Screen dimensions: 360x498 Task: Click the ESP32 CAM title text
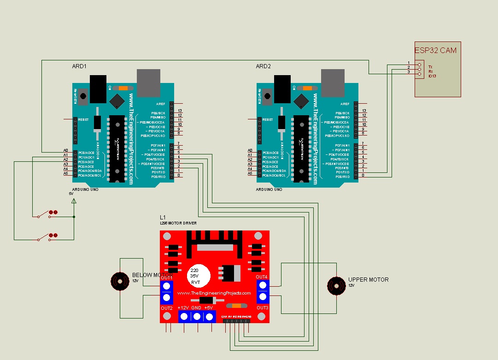click(435, 50)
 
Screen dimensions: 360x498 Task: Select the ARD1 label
click(79, 66)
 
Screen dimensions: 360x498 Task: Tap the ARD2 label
click(264, 66)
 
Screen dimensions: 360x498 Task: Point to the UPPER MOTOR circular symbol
click(336, 286)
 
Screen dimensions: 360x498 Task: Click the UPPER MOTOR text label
click(368, 280)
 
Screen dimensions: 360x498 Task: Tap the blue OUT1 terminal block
click(167, 292)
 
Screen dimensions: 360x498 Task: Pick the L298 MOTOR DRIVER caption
click(178, 223)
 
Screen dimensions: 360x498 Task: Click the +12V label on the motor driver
click(183, 307)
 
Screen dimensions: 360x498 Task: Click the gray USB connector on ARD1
click(148, 83)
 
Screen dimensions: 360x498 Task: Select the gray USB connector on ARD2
click(333, 83)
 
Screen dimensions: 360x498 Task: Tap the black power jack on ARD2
click(282, 88)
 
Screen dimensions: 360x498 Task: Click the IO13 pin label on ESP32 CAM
click(432, 76)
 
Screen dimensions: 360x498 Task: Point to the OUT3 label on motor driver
click(263, 307)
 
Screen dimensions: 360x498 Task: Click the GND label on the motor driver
click(196, 307)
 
